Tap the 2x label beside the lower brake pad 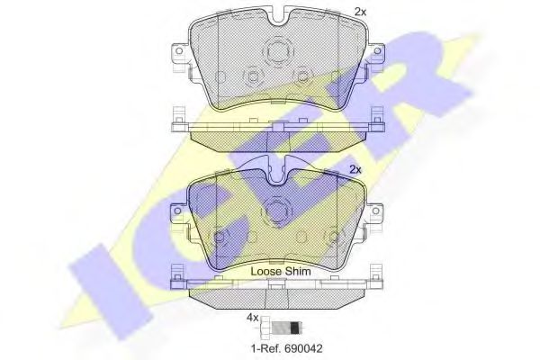tap(354, 169)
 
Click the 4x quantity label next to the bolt tap(253, 318)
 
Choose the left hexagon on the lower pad tap(219, 239)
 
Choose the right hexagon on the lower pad tap(333, 239)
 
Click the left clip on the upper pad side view tap(178, 116)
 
